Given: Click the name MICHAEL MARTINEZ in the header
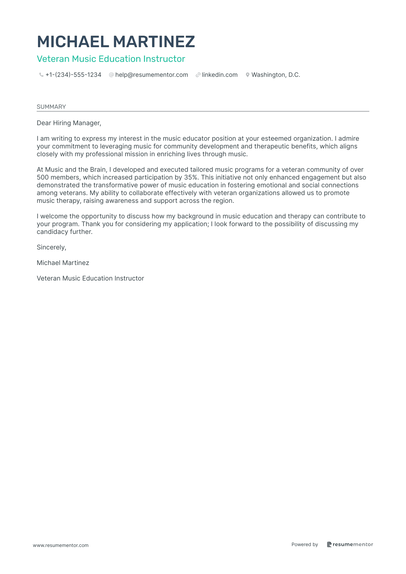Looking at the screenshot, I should pos(116,42).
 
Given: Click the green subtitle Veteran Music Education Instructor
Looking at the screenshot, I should pos(111,59).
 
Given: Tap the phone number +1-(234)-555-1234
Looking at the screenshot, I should pos(73,75).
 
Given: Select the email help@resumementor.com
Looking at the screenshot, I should pos(151,75).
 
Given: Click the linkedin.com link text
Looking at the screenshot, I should pos(220,75).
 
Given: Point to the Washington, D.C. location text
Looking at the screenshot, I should pos(276,75).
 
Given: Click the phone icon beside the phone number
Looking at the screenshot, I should pos(41,75).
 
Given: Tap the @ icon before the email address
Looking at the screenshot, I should pos(111,75).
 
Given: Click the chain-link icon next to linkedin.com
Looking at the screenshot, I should pos(198,75).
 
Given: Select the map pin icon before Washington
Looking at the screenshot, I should pos(247,75).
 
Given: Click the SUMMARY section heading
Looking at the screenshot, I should pos(51,107).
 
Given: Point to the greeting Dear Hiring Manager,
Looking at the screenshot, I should pos(69,123).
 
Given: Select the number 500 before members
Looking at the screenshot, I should pos(43,178).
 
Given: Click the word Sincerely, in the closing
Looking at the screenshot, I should pos(52,247).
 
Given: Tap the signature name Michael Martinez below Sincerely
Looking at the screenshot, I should pos(63,263).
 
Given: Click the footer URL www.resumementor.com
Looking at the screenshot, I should pos(61,545).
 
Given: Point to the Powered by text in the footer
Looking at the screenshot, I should pos(305,544).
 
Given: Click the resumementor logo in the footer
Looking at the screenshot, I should pos(350,544).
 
